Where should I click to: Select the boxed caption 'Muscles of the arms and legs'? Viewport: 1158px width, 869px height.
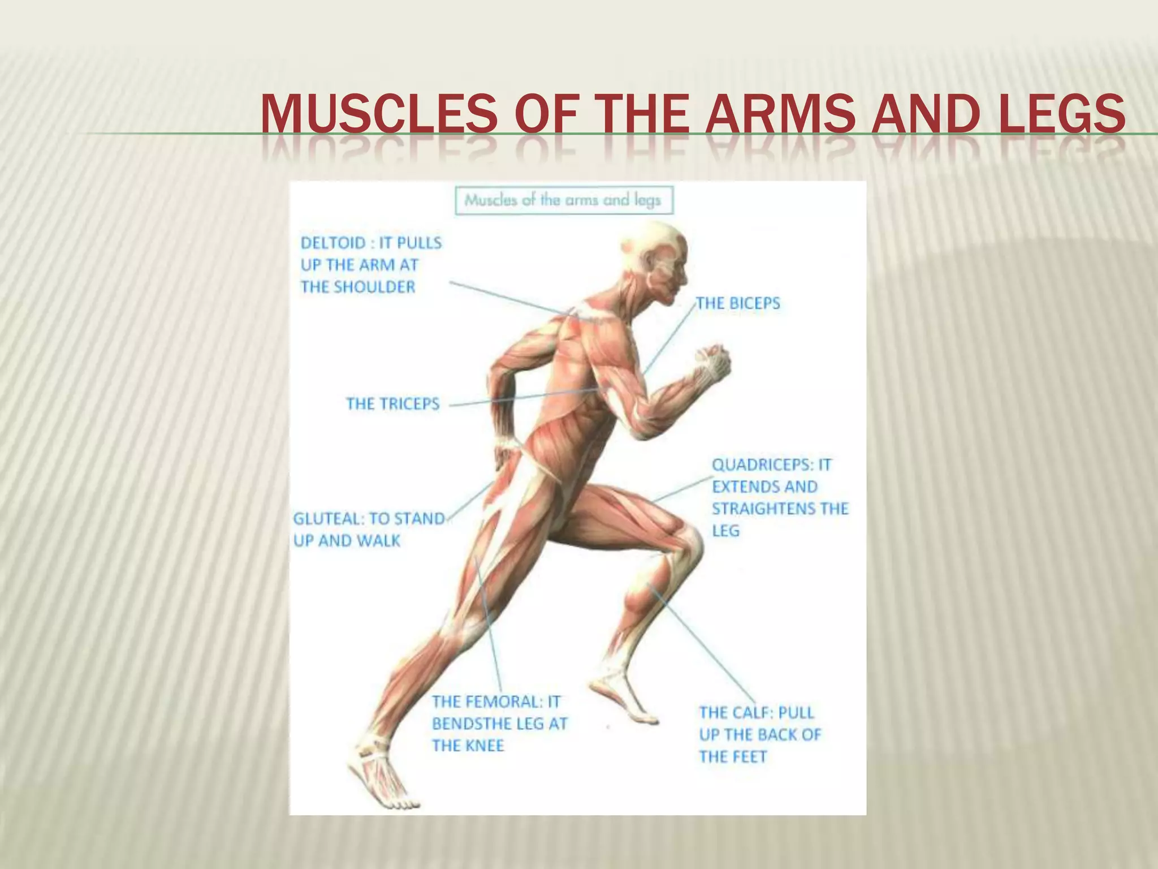[563, 200]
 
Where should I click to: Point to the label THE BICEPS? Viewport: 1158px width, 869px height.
[737, 303]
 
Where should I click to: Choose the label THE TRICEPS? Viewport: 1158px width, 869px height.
[392, 404]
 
